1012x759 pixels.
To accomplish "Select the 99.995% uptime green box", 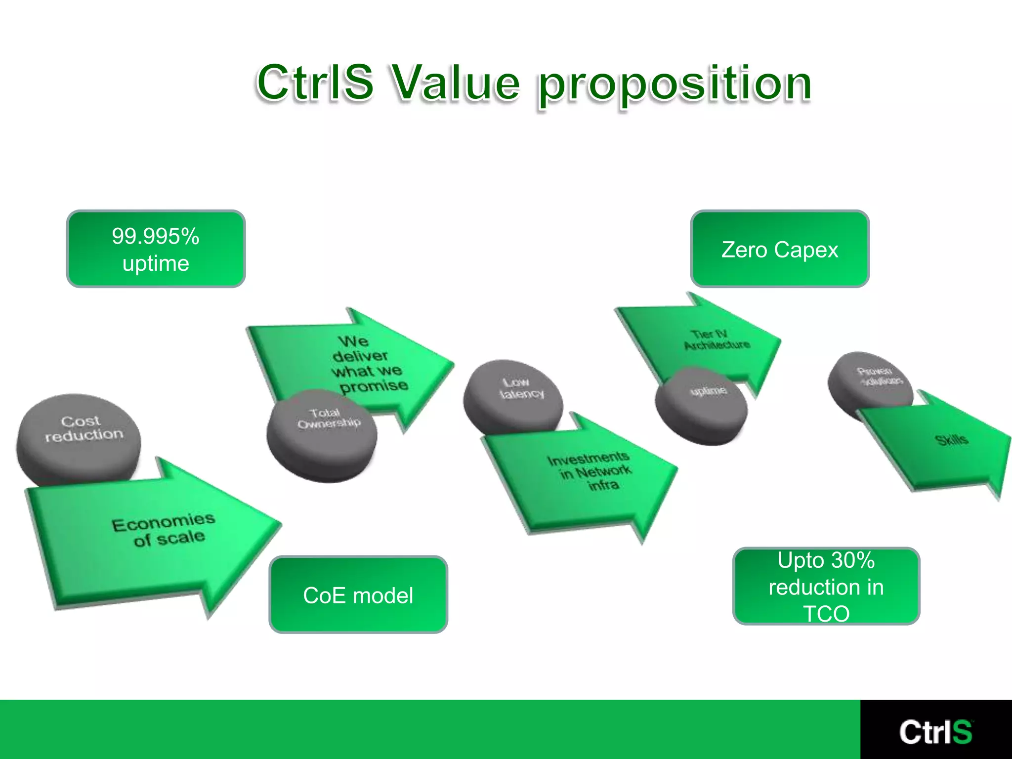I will coord(156,249).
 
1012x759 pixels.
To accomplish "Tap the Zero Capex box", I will coord(779,249).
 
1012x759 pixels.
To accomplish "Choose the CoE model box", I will coord(358,594).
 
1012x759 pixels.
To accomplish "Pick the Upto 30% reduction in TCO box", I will coord(826,586).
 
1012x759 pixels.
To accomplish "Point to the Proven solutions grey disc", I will coord(870,380).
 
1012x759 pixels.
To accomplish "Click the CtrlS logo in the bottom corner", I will coord(935,731).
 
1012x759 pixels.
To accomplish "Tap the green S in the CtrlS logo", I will coord(962,732).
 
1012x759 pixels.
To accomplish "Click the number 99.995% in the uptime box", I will coord(156,236).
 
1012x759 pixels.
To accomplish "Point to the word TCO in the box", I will coord(826,614).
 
